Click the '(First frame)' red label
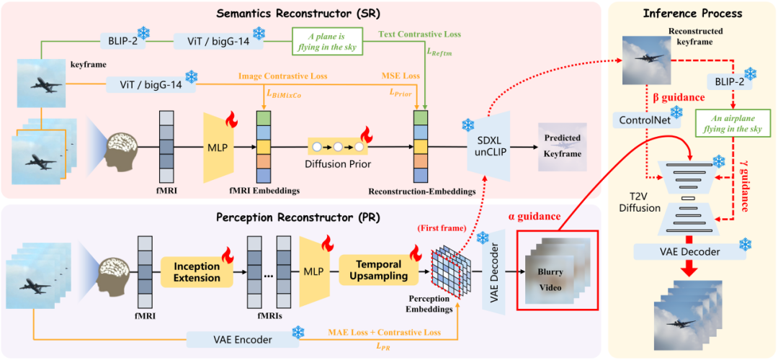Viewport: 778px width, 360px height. point(433,230)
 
